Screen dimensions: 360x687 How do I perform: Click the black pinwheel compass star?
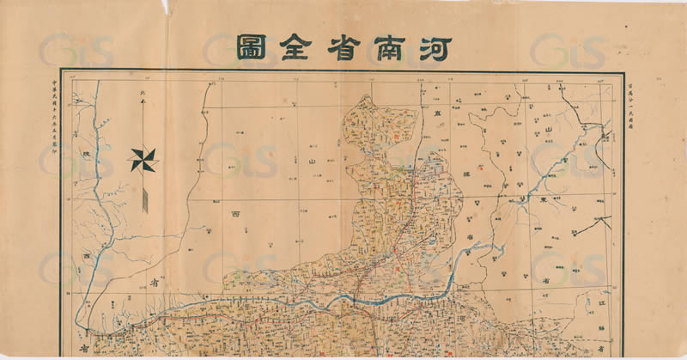[x=143, y=159]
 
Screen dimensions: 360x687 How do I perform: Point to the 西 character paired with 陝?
[x=87, y=258]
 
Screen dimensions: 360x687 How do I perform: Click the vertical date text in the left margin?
[x=52, y=112]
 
